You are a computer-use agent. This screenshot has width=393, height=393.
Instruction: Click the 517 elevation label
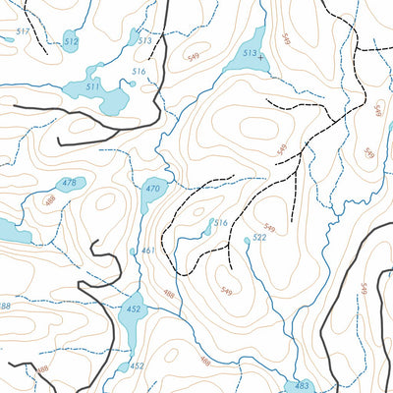pyautogui.click(x=24, y=32)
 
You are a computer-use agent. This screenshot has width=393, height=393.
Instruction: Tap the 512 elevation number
pyautogui.click(x=70, y=41)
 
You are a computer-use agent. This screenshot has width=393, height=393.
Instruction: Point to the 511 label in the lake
pyautogui.click(x=92, y=87)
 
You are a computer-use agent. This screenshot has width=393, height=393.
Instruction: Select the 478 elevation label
pyautogui.click(x=69, y=184)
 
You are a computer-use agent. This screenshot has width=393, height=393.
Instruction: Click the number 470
pyautogui.click(x=152, y=189)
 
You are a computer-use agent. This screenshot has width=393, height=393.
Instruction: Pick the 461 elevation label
pyautogui.click(x=147, y=251)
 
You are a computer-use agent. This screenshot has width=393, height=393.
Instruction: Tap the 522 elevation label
pyautogui.click(x=259, y=238)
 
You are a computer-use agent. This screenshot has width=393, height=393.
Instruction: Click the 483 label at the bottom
pyautogui.click(x=303, y=385)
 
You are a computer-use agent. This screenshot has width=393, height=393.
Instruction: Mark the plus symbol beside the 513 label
pyautogui.click(x=260, y=57)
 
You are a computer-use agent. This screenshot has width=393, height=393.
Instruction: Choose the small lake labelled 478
pyautogui.click(x=67, y=193)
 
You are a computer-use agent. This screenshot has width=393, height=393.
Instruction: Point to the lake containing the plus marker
pyautogui.click(x=244, y=64)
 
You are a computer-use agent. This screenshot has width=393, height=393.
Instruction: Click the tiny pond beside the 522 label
pyautogui.click(x=247, y=240)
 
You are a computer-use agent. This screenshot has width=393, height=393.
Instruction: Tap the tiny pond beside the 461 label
pyautogui.click(x=133, y=252)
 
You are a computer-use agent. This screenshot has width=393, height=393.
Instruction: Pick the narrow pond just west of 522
pyautogui.click(x=208, y=228)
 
